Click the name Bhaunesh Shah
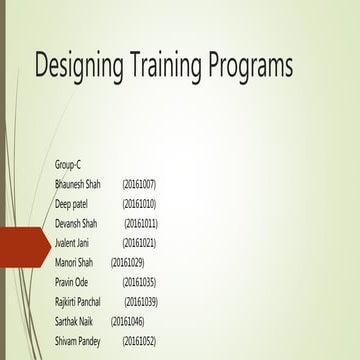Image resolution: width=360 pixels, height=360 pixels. point(78,184)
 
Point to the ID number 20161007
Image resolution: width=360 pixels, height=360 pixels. point(139,184)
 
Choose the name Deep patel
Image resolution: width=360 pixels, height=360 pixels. point(72,204)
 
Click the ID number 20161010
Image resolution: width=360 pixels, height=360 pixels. point(139,204)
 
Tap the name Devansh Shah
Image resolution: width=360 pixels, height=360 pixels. point(76,223)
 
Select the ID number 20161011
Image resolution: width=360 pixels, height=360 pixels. point(141,223)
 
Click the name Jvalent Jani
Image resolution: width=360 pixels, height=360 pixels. point(74,243)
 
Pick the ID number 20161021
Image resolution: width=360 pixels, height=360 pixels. point(139,243)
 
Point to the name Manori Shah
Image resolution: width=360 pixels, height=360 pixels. point(74,262)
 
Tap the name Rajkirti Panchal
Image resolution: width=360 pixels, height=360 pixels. point(79,301)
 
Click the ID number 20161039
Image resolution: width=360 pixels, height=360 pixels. point(141,301)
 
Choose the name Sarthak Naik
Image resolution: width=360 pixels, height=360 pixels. point(75,321)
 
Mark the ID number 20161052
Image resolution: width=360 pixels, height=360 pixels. point(139,341)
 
